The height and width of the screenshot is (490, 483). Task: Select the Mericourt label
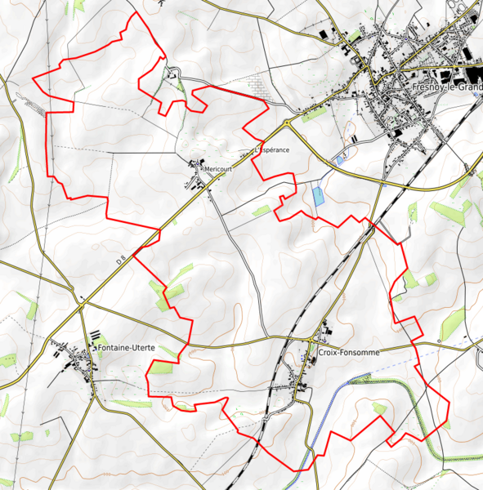pos(218,168)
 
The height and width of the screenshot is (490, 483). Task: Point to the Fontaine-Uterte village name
pos(126,347)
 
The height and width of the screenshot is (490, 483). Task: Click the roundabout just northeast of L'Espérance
pos(288,122)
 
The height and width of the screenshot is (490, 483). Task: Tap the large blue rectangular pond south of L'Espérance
pos(317,196)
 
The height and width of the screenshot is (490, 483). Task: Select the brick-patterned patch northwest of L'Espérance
pos(259,84)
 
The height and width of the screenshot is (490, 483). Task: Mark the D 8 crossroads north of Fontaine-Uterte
pos(83,303)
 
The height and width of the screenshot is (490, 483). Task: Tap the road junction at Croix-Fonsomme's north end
pos(317,336)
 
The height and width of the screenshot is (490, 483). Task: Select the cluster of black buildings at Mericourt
pos(197,164)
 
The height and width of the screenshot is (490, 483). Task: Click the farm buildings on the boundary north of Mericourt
pos(173,74)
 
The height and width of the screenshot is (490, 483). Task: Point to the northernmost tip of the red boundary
pos(136,13)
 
